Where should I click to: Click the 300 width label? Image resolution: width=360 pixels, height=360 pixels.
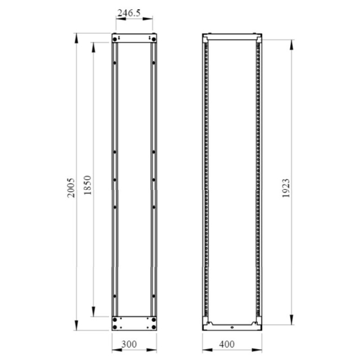pyautogui.click(x=129, y=344)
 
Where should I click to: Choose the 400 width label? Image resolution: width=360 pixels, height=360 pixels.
pyautogui.click(x=228, y=344)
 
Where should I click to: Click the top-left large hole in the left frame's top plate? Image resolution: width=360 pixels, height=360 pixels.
pyautogui.click(x=115, y=39)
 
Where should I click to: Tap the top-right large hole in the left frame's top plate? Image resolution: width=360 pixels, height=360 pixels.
pyautogui.click(x=154, y=39)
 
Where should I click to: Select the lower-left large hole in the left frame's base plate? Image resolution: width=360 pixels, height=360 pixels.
pyautogui.click(x=115, y=326)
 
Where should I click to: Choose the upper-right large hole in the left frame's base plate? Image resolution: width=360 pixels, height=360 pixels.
pyautogui.click(x=154, y=319)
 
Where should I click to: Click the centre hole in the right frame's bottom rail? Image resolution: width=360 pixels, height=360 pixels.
pyautogui.click(x=231, y=327)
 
